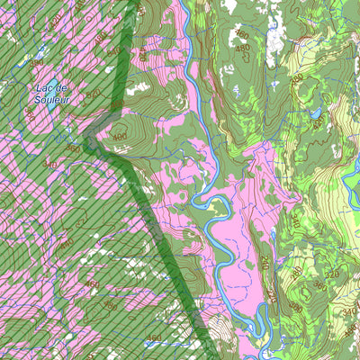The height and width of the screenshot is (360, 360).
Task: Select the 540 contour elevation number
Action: (x=112, y=51)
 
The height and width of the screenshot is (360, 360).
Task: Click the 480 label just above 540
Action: (x=101, y=36)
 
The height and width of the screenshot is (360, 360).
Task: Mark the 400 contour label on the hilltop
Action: (x=121, y=136)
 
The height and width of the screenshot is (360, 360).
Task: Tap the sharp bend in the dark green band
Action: (x=90, y=141)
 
